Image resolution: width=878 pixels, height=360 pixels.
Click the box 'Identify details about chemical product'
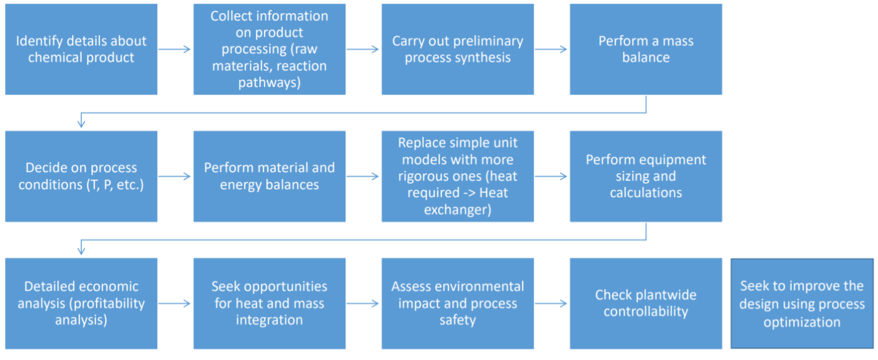[x=81, y=49]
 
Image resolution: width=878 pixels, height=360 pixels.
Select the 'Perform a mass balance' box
[x=645, y=49]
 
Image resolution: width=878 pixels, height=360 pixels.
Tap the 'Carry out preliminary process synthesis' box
[x=457, y=49]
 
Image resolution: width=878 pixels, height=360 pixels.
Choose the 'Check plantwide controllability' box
[x=645, y=303]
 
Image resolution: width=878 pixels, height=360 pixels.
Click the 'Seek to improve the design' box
[x=801, y=303]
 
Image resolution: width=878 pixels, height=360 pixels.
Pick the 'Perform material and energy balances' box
[x=269, y=176]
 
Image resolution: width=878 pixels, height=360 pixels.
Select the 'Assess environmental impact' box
[x=457, y=303]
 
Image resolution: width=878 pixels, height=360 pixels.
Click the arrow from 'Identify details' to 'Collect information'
[x=175, y=49]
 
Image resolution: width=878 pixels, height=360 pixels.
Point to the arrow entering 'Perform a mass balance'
[x=551, y=49]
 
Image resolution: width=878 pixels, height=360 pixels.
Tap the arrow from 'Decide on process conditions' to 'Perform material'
[x=175, y=176]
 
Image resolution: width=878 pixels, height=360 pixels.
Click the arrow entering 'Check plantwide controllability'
[x=551, y=303]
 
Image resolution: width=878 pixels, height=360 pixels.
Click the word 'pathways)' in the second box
[x=269, y=82]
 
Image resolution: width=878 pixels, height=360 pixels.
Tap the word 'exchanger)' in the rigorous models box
[x=457, y=209]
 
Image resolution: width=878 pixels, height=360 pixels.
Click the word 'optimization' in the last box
[x=801, y=322]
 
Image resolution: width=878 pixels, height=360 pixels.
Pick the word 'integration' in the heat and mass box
[x=269, y=319]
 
